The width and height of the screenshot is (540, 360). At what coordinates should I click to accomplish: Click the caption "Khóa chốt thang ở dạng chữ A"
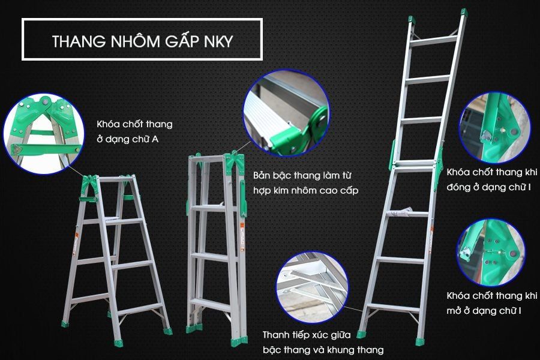[x=134, y=132]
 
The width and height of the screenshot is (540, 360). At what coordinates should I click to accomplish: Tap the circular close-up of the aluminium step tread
[x=286, y=114]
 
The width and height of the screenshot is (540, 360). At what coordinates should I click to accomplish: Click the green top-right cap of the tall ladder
[x=463, y=13]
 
